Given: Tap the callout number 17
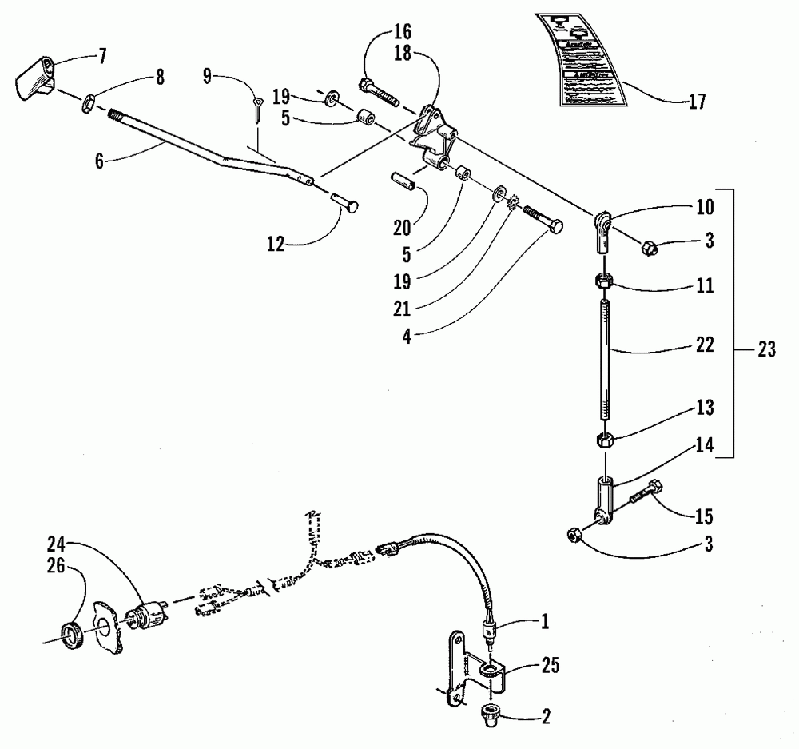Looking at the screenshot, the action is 696,102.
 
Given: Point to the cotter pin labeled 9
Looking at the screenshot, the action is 259,109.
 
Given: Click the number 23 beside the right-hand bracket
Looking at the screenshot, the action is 765,349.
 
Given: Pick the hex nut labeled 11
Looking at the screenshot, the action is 606,281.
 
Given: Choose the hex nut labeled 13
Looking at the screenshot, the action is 606,440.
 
